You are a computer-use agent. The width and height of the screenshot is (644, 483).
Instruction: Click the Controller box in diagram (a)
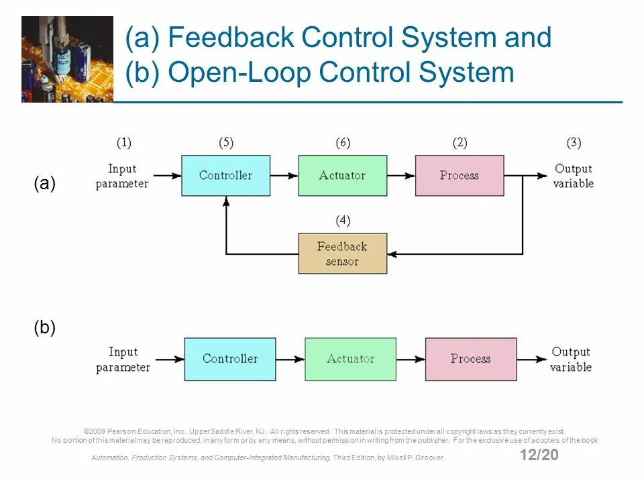[x=226, y=175]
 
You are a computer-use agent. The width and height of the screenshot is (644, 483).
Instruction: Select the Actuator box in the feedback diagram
[x=343, y=175]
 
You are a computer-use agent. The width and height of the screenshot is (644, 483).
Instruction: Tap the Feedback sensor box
[x=343, y=254]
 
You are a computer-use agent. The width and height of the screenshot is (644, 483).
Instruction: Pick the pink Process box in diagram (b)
[x=471, y=359]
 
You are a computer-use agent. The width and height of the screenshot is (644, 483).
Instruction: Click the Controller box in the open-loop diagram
[x=230, y=359]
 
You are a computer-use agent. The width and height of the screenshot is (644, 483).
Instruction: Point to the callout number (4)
[x=343, y=221]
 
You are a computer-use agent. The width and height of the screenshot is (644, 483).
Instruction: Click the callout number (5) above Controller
[x=226, y=142]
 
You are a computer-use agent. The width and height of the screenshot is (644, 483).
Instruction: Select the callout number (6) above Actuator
[x=343, y=142]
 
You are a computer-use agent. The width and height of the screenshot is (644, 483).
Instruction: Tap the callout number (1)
[x=123, y=142]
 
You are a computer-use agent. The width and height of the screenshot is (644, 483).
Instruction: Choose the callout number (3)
[x=574, y=142]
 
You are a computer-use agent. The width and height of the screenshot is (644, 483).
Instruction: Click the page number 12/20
[x=539, y=455]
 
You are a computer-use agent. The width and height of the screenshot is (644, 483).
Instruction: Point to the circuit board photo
[x=67, y=59]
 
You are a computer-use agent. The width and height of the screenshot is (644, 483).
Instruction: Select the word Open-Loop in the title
[x=241, y=72]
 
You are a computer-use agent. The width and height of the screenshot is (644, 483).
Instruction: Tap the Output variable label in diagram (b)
[x=571, y=359]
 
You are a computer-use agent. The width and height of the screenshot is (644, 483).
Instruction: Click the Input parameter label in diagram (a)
[x=122, y=176]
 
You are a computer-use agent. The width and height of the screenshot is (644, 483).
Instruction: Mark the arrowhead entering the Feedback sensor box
[x=392, y=254]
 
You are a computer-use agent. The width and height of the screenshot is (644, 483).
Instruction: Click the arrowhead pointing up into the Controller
[x=226, y=201]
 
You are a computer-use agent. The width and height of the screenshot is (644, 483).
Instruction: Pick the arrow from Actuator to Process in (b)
[x=411, y=360]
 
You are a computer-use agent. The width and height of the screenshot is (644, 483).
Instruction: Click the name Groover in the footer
[x=429, y=458]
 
